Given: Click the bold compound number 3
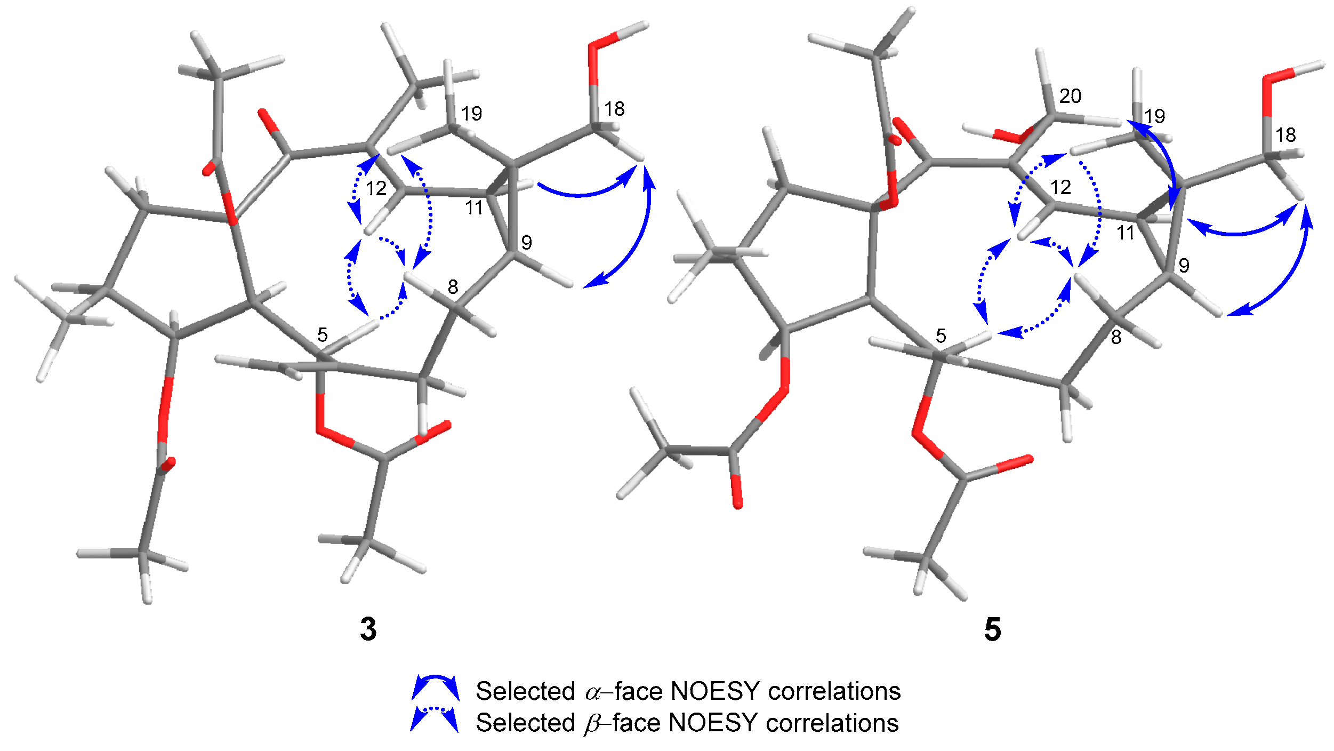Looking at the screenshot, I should click(368, 629).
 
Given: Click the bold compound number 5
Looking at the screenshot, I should click(992, 629).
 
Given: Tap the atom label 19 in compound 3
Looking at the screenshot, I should click(471, 114).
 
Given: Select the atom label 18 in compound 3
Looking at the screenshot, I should click(614, 109).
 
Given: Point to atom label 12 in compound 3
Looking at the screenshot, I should click(376, 188).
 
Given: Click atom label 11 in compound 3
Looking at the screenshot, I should click(474, 208).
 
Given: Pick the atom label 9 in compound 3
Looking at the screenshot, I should click(527, 243).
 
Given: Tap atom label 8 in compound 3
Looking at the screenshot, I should click(453, 287).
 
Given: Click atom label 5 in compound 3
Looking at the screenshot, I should click(322, 335).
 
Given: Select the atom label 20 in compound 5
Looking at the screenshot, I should click(1070, 97).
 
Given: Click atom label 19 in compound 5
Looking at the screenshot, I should click(1154, 116).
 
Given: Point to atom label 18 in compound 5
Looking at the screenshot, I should click(1285, 135).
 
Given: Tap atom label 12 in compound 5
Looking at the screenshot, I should click(1060, 188).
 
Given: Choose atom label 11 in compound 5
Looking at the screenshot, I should click(1126, 233).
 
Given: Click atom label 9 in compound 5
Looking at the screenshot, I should click(1184, 266).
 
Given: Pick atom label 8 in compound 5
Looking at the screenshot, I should click(1116, 337).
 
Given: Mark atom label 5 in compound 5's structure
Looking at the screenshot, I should click(941, 336).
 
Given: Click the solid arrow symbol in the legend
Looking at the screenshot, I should click(435, 688).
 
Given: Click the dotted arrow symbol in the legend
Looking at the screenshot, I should click(434, 720).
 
